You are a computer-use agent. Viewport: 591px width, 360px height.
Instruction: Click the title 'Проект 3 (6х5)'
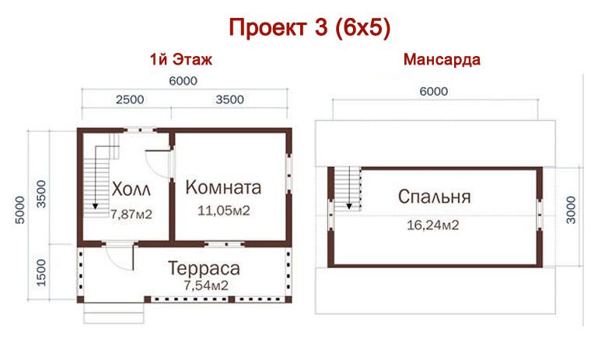point(309,28)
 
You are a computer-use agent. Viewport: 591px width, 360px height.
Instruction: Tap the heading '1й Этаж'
point(181,60)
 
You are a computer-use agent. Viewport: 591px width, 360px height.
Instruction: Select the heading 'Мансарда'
point(442,60)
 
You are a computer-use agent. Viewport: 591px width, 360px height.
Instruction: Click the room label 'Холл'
point(131,190)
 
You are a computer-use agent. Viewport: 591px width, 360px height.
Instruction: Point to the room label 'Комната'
point(223,187)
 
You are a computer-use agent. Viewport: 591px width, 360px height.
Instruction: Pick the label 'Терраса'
point(205,269)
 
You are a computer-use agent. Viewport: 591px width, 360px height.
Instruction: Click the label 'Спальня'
point(434,197)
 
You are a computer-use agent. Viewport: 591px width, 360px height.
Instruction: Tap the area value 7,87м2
point(131,213)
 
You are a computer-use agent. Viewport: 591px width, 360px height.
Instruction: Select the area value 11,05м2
point(222,211)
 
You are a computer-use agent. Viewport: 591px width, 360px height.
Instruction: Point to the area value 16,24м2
point(432,225)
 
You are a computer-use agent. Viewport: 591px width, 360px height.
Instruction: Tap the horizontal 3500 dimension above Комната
point(229,99)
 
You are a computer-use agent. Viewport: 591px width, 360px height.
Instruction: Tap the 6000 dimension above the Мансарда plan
point(433,91)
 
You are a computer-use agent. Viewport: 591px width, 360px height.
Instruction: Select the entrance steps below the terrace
point(114,313)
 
